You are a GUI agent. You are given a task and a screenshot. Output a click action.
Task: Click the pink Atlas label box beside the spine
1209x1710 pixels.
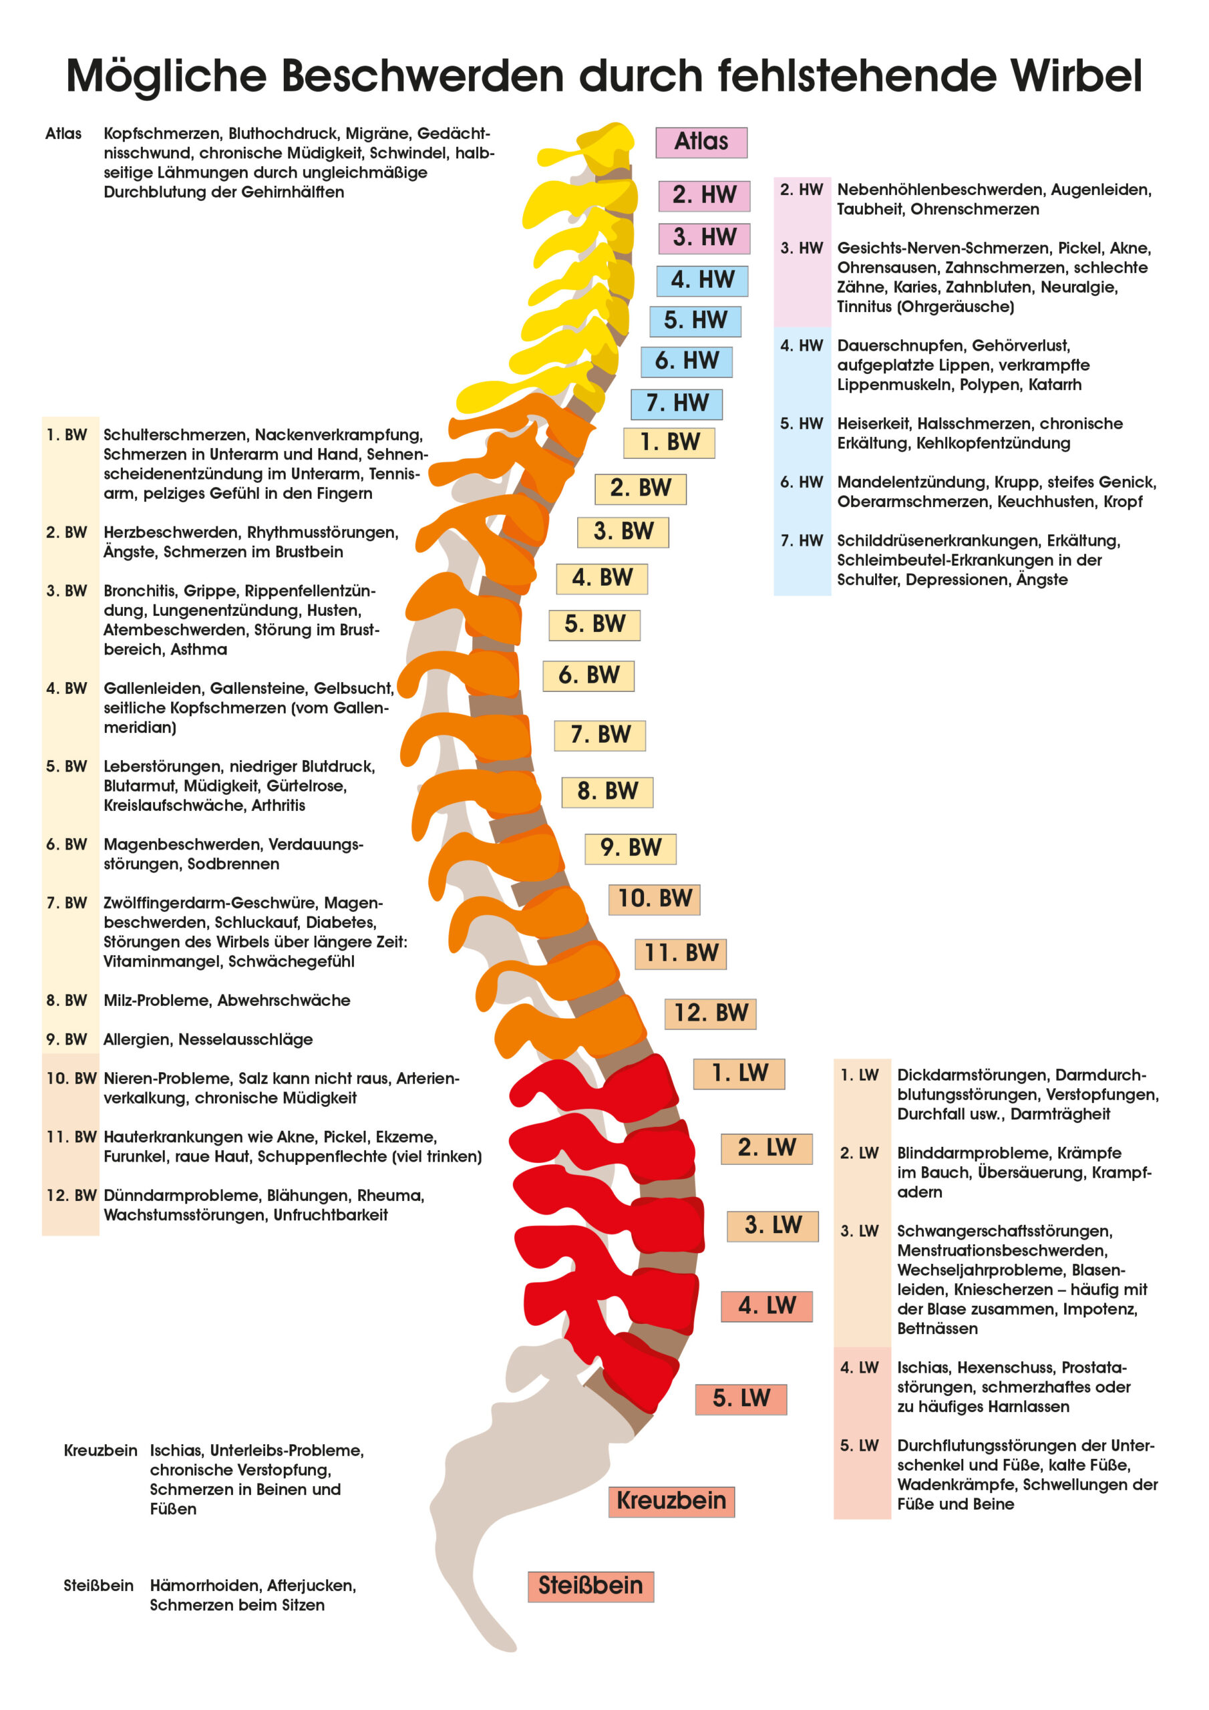(x=701, y=142)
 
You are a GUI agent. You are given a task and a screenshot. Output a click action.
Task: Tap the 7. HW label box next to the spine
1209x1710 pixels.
(x=677, y=403)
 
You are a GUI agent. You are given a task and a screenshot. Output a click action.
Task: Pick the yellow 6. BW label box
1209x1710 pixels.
(x=588, y=675)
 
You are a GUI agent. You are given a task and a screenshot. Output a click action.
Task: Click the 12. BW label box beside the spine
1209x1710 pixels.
(x=710, y=1013)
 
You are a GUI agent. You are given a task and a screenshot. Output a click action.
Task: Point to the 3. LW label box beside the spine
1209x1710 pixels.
(x=772, y=1225)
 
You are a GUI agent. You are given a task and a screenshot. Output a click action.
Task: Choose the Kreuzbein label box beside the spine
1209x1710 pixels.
(x=671, y=1501)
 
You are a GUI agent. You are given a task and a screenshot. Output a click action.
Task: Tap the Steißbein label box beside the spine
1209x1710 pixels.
(x=590, y=1586)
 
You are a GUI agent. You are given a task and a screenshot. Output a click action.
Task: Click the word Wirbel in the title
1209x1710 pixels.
(x=1075, y=76)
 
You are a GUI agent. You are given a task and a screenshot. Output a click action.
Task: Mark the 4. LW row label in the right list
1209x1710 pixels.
(x=860, y=1368)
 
